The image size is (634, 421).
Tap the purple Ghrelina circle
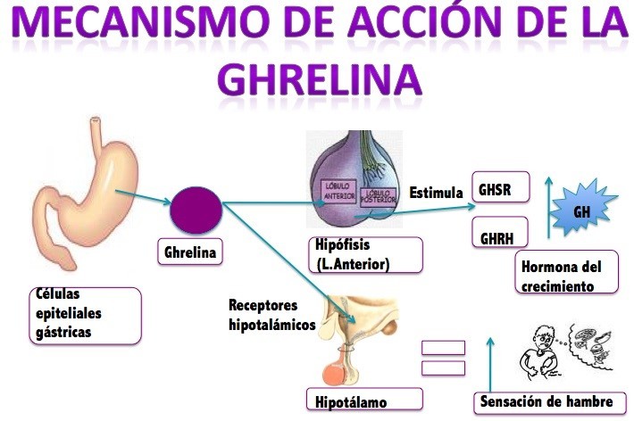[x=196, y=210]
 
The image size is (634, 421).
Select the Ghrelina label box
[x=190, y=252]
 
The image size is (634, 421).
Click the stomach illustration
[x=86, y=194]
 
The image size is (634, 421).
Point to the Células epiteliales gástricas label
[x=86, y=316]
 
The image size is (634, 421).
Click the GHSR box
[x=501, y=186]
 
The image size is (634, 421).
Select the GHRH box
[x=500, y=232]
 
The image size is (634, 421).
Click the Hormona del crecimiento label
[x=566, y=272]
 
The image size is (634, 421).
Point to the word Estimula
[x=436, y=193]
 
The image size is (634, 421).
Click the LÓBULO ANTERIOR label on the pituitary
[x=338, y=191]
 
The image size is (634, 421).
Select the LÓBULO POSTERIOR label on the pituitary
[x=378, y=197]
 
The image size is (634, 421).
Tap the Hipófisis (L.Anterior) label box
[x=366, y=255]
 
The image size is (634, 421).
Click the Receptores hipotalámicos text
[x=271, y=315]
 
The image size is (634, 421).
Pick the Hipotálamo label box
[x=364, y=400]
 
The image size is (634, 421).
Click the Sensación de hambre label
[x=550, y=402]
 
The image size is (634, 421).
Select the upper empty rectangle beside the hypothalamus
[x=443, y=348]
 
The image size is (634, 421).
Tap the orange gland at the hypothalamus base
[x=334, y=374]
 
